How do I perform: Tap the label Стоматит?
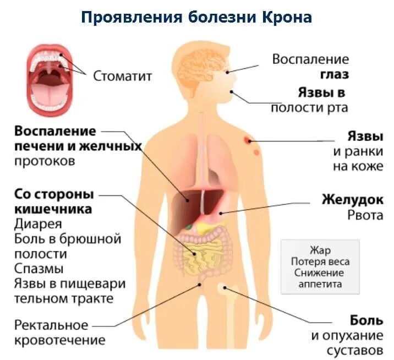tap(122, 75)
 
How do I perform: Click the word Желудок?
tap(352, 199)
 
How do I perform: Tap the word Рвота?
tap(365, 215)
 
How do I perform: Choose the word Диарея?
tap(38, 225)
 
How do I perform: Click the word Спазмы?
tap(39, 269)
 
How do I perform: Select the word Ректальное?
tap(51, 325)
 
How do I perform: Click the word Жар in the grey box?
tap(320, 251)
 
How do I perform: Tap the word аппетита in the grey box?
tap(320, 284)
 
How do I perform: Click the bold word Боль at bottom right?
tap(366, 320)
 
